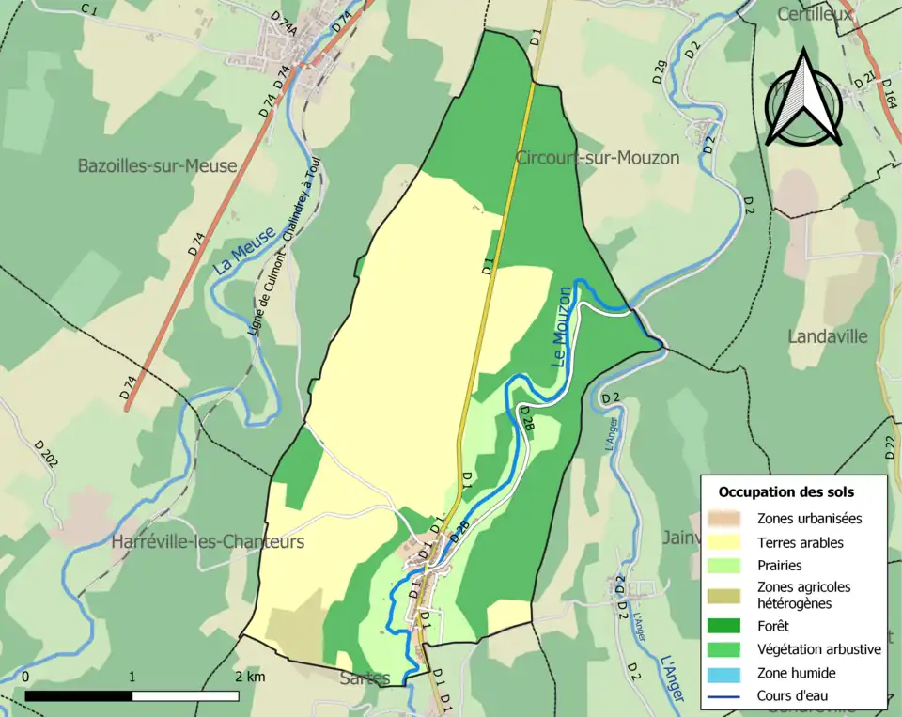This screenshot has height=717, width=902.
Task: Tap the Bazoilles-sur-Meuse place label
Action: [x=157, y=166]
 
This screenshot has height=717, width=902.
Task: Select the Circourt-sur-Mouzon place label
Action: [x=597, y=158]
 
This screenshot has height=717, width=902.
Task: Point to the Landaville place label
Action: [x=828, y=336]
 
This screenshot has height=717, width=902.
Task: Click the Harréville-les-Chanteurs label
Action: [x=208, y=542]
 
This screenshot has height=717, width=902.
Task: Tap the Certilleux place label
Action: [x=815, y=14]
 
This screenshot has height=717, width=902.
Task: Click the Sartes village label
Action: [x=365, y=678]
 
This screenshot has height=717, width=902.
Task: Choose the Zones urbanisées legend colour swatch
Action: [x=725, y=518]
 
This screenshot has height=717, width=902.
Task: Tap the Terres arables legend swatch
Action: [x=725, y=542]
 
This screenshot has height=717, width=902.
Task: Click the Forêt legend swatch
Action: [x=725, y=625]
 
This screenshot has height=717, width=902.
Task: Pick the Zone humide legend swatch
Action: [x=725, y=673]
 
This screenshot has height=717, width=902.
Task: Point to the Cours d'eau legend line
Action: [x=725, y=696]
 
